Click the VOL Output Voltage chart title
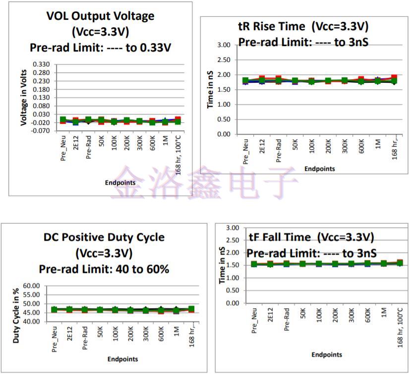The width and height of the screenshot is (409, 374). (x=100, y=16)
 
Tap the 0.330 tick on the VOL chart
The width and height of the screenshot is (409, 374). (x=41, y=65)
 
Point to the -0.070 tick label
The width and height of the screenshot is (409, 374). (x=41, y=131)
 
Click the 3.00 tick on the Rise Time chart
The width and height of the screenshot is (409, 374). (x=224, y=45)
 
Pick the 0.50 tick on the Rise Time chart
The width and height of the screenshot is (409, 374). (x=224, y=119)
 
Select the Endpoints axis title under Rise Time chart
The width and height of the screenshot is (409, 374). (x=319, y=168)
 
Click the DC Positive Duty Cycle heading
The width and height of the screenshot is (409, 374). (x=104, y=237)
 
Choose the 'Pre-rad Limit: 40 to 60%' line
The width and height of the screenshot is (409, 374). (x=104, y=269)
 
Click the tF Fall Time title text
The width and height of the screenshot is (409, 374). (x=311, y=237)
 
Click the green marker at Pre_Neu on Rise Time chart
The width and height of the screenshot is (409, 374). (x=245, y=80)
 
